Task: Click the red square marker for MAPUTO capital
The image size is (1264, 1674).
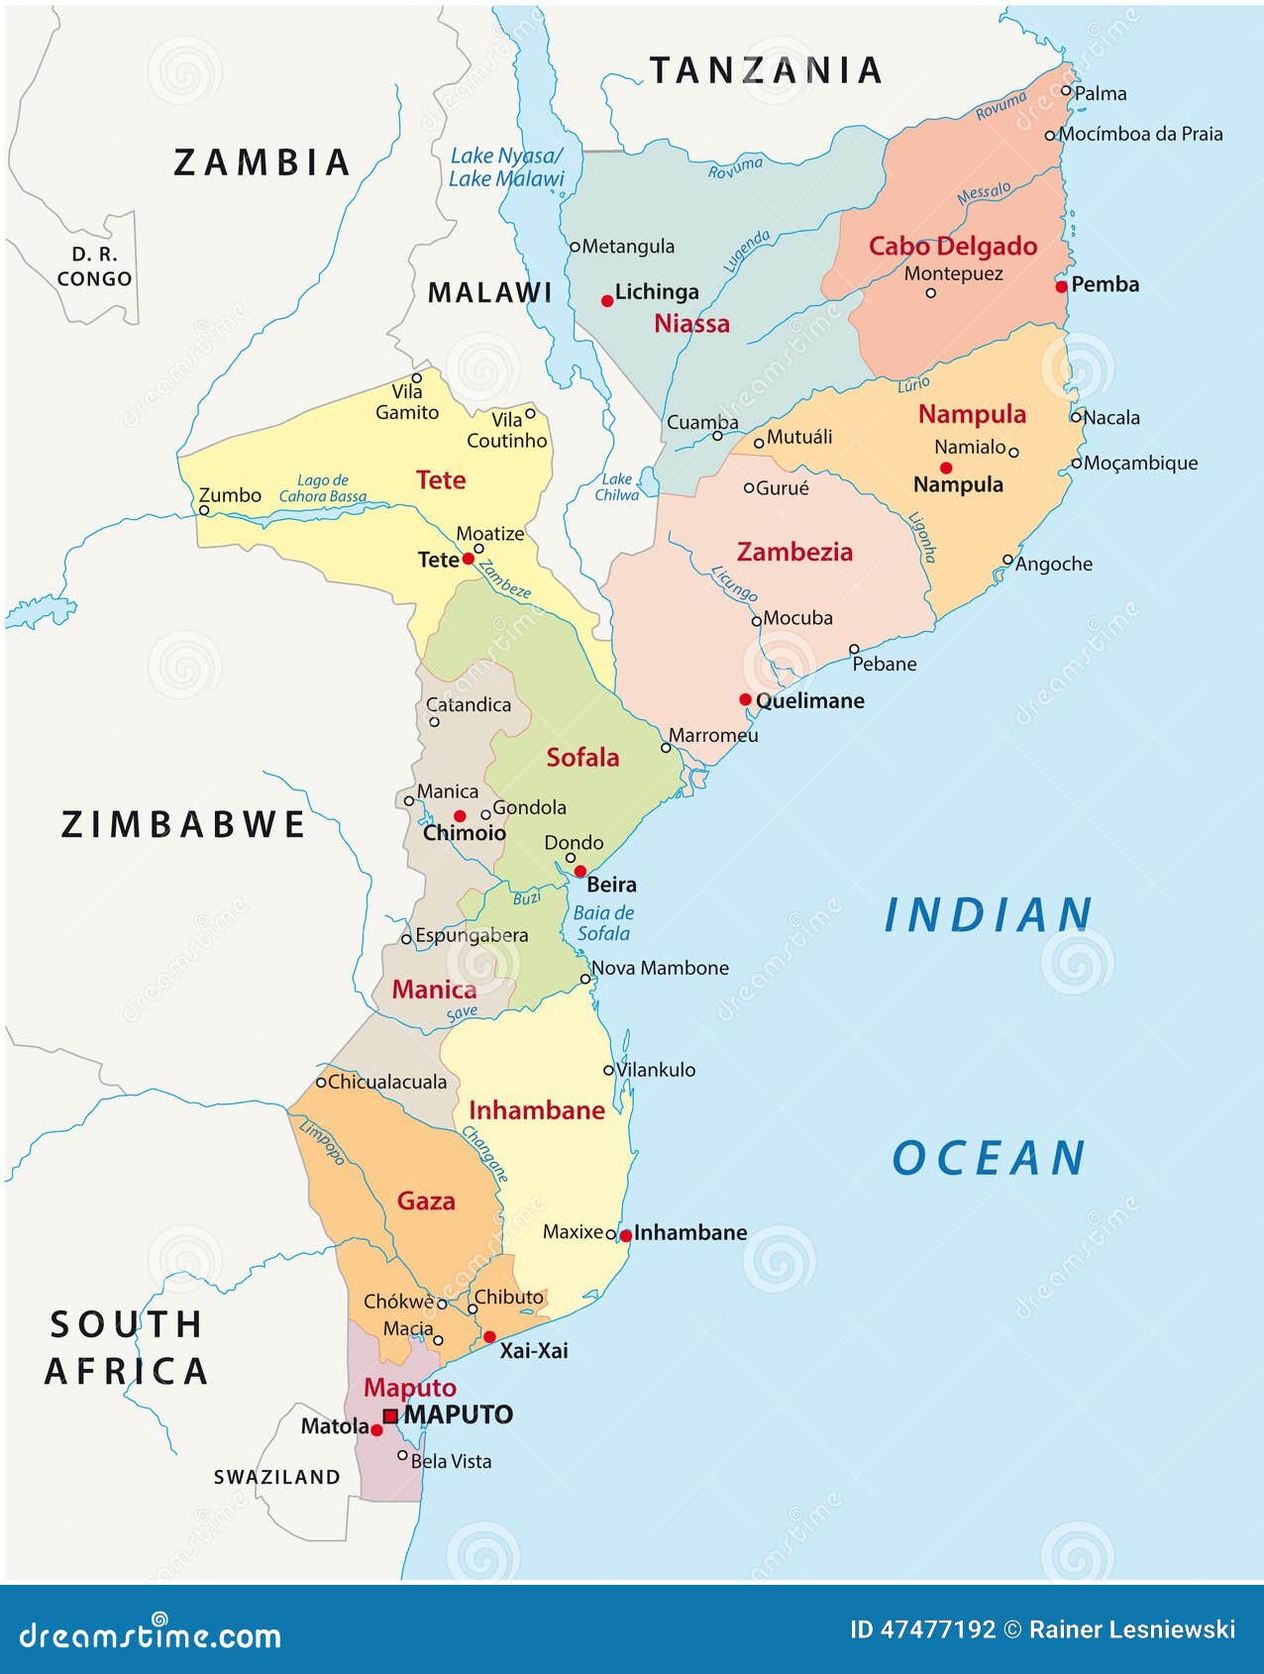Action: tap(390, 1416)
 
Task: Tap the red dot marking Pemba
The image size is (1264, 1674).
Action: tap(1062, 286)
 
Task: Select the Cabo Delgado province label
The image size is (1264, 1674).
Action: tap(952, 246)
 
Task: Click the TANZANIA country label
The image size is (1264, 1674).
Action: tap(766, 70)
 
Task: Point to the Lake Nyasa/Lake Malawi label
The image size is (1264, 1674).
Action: tap(505, 167)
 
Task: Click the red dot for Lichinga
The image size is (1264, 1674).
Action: tap(607, 300)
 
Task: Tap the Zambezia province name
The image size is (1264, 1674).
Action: tap(794, 552)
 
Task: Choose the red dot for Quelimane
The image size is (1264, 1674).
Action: tap(745, 699)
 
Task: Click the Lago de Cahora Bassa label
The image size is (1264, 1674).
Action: tap(323, 488)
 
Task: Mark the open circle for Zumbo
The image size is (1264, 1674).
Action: tap(204, 511)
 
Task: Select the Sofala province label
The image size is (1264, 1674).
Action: tap(582, 758)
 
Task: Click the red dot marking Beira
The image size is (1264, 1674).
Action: tap(580, 872)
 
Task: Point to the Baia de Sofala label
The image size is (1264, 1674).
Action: tap(603, 923)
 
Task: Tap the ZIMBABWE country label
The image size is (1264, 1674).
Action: tap(184, 824)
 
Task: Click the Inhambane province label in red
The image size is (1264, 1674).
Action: tap(536, 1110)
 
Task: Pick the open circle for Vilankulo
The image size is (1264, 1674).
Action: tap(609, 1070)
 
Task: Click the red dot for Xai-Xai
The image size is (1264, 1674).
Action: tap(489, 1337)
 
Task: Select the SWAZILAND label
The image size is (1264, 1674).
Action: tap(277, 1477)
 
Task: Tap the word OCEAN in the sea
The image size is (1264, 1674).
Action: tap(989, 1158)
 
